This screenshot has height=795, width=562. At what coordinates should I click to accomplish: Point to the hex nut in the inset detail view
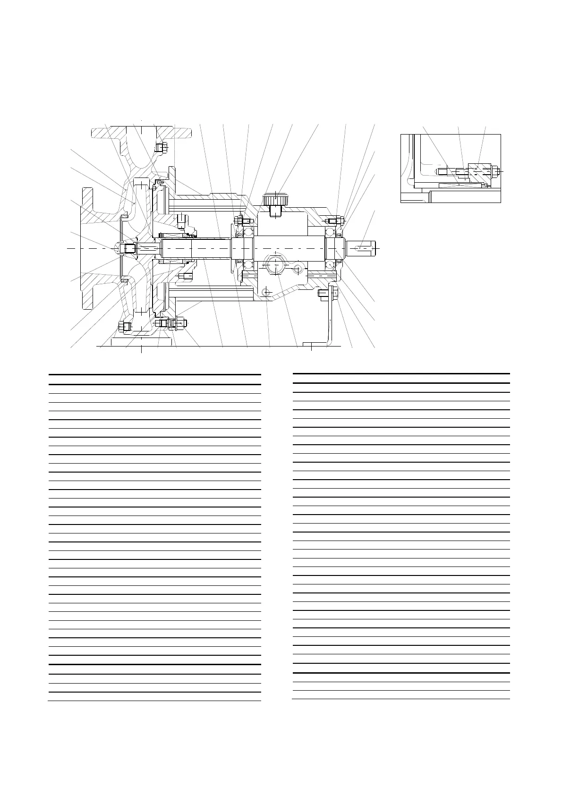(x=494, y=171)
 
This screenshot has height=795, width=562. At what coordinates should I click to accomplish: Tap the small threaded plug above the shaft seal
(x=180, y=220)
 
